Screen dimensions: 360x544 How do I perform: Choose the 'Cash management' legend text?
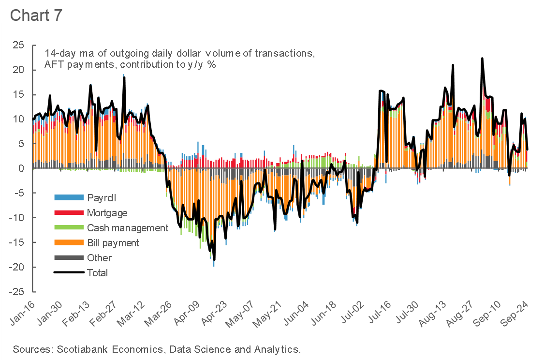(128, 228)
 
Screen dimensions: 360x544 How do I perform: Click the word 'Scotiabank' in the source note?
(79, 349)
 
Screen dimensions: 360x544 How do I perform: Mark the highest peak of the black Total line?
(482, 59)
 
